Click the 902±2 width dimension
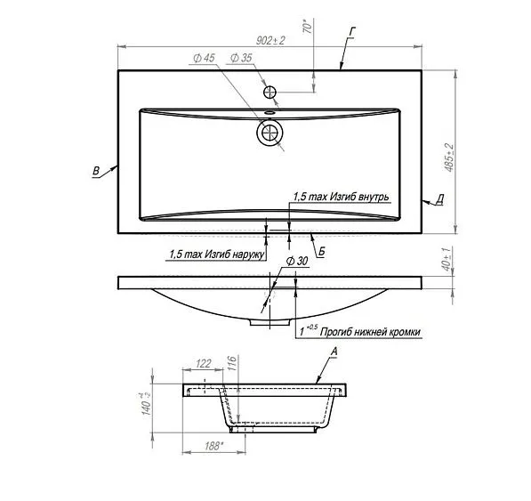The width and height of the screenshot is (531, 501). coord(270,41)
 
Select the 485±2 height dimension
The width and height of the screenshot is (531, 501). coord(449,158)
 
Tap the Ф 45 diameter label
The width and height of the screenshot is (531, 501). coord(204,58)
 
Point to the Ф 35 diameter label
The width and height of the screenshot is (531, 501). coord(241,58)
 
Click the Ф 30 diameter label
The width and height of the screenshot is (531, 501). coord(297,261)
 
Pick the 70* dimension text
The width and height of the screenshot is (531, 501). coord(307,27)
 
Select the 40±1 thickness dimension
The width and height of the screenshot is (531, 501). coord(447,259)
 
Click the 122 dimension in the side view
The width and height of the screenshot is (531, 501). coord(203,363)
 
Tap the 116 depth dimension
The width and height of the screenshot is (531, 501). coord(232,363)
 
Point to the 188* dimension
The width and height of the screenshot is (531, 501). coord(214,446)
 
